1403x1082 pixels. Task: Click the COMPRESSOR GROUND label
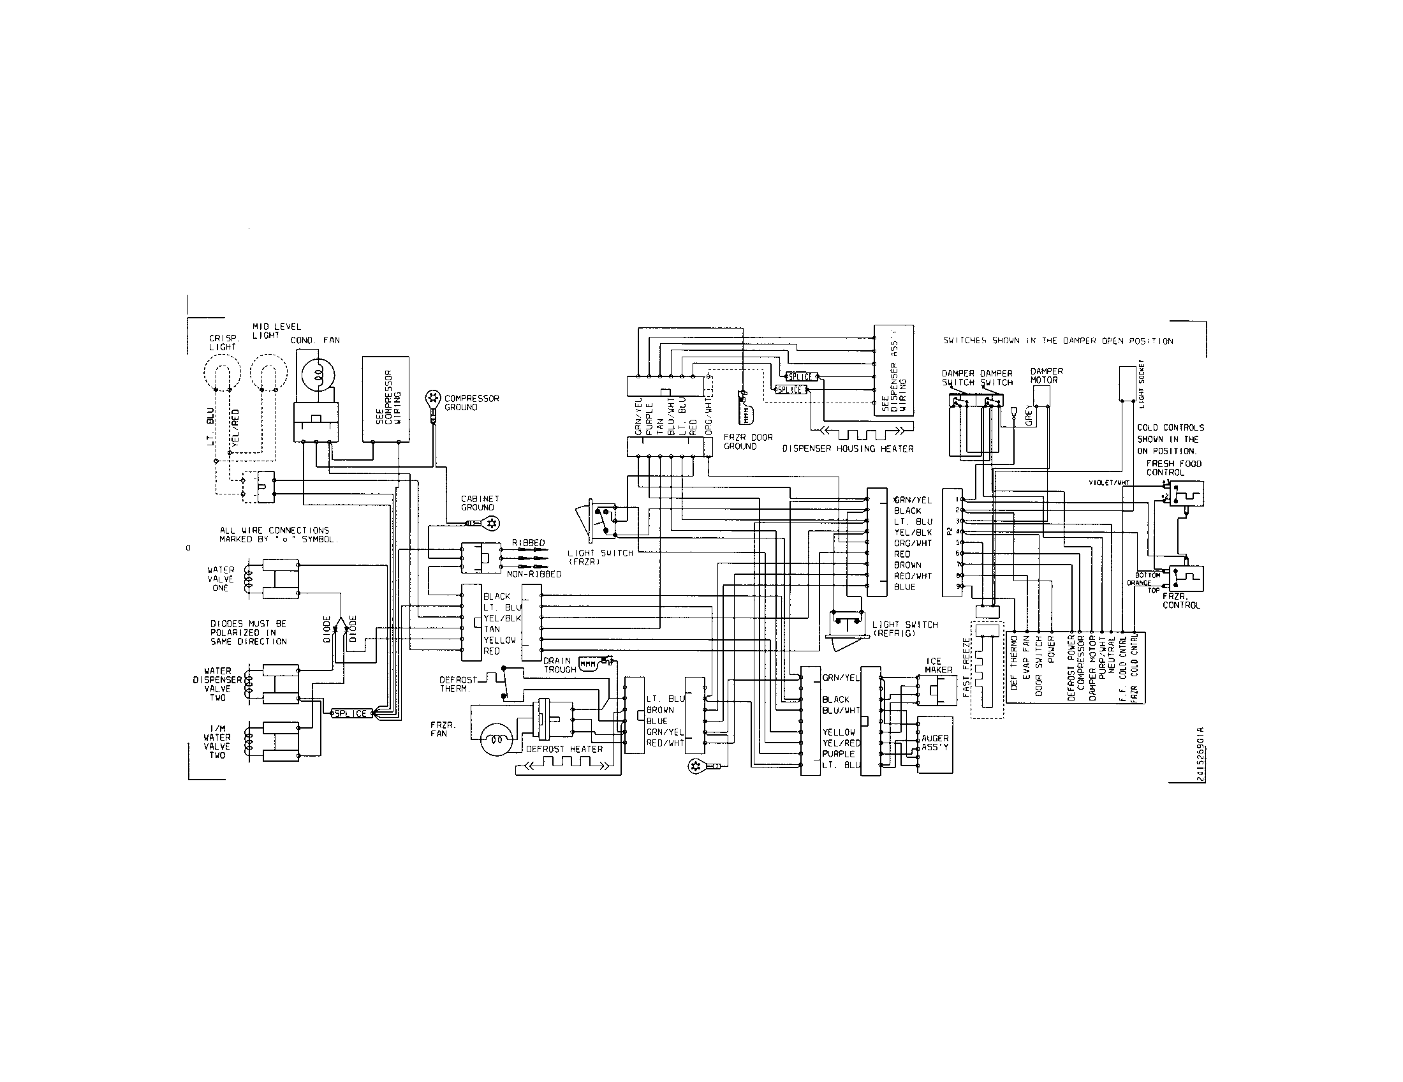pyautogui.click(x=471, y=403)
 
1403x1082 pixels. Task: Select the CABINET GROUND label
pyautogui.click(x=479, y=503)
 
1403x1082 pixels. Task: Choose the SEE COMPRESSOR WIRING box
pyautogui.click(x=385, y=399)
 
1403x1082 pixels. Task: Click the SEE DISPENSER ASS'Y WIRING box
pyautogui.click(x=893, y=371)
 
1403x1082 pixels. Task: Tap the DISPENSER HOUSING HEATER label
pyautogui.click(x=848, y=448)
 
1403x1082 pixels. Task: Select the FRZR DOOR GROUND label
pyautogui.click(x=748, y=441)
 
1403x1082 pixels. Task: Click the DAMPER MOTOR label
pyautogui.click(x=1047, y=375)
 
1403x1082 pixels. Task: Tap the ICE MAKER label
pyautogui.click(x=939, y=665)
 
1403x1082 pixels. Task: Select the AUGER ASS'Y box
pyautogui.click(x=935, y=745)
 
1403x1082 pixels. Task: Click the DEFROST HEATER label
pyautogui.click(x=564, y=749)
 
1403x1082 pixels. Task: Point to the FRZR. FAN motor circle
pyautogui.click(x=496, y=739)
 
